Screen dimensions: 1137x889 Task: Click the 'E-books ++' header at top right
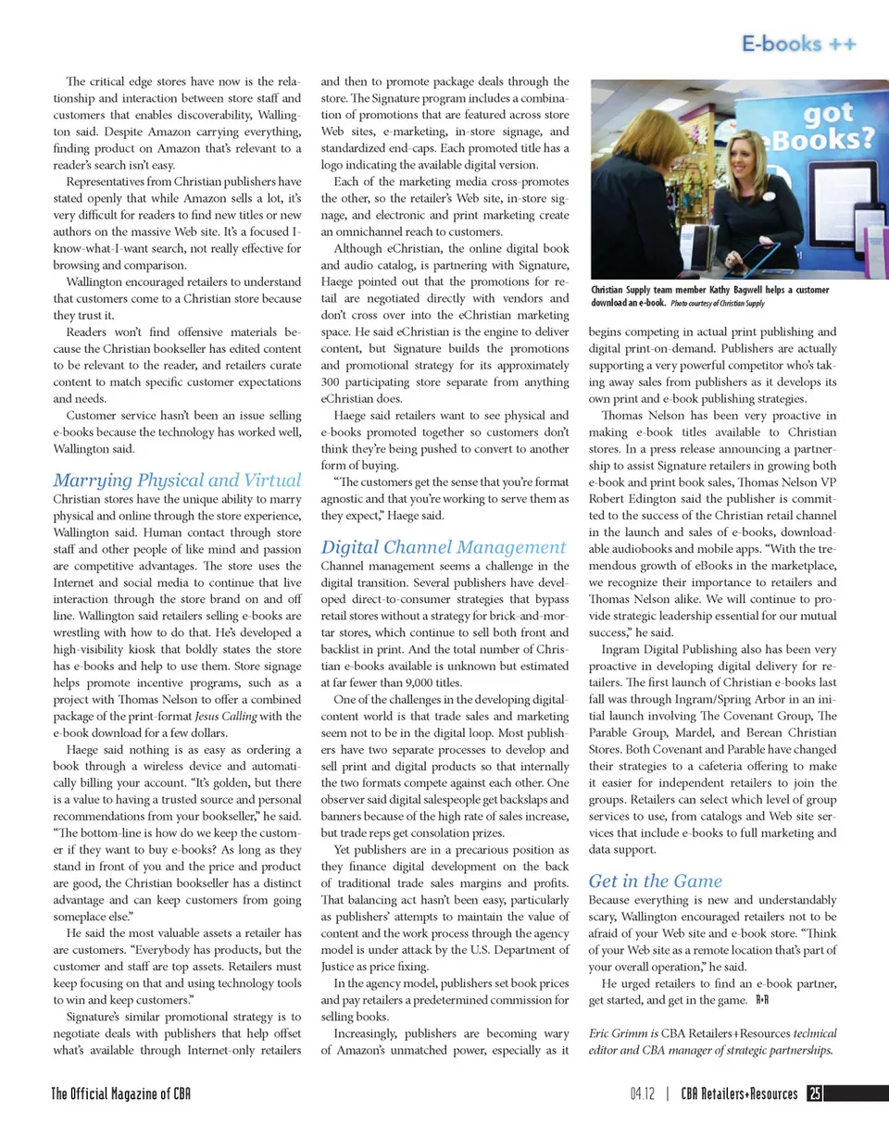(x=798, y=44)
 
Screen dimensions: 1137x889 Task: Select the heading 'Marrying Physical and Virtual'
(x=177, y=480)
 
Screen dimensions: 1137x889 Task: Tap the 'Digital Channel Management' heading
(x=443, y=546)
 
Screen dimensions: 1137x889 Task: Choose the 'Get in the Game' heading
(x=655, y=881)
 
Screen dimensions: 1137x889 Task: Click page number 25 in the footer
(x=815, y=1093)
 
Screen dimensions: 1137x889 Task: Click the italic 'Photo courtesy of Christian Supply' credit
(x=718, y=303)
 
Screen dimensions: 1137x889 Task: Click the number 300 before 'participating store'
(x=332, y=381)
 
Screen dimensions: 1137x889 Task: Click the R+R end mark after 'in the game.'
(x=763, y=1000)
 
